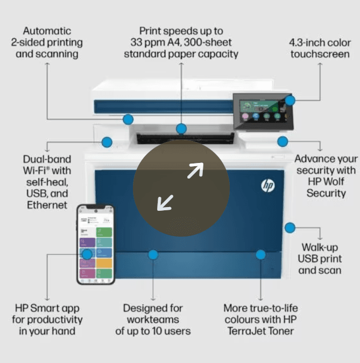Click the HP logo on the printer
[x=268, y=186]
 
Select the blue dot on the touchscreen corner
[x=290, y=101]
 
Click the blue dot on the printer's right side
[x=290, y=227]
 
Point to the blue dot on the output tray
[x=181, y=129]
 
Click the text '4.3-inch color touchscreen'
[x=320, y=48]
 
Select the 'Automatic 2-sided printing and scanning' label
[x=47, y=42]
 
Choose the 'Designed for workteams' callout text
[x=153, y=319]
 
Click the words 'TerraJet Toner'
[x=260, y=331]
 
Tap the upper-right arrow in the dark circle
[x=195, y=170]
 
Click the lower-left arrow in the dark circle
[x=165, y=203]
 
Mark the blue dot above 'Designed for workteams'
[x=153, y=254]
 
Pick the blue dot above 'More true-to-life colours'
[x=260, y=254]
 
